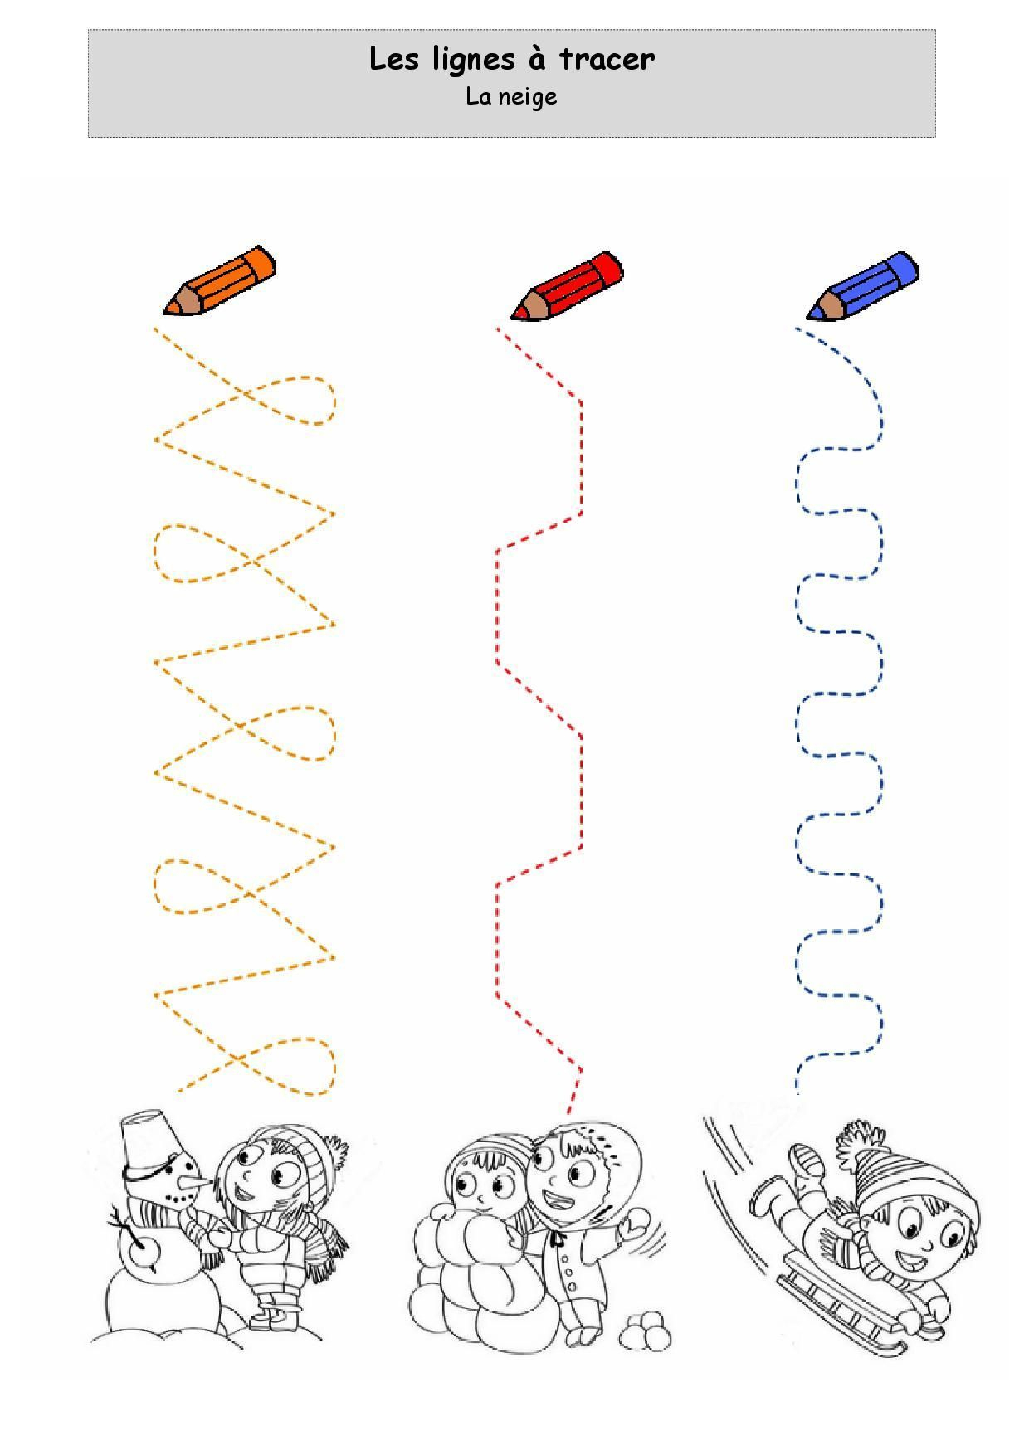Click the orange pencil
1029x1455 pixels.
[219, 280]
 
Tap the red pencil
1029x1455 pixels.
[566, 285]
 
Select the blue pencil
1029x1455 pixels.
[863, 286]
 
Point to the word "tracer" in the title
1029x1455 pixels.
[607, 59]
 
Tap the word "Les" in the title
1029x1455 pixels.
[394, 59]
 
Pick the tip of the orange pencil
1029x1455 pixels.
[165, 313]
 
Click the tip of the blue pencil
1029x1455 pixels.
[809, 317]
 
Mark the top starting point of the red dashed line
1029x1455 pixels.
[498, 329]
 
